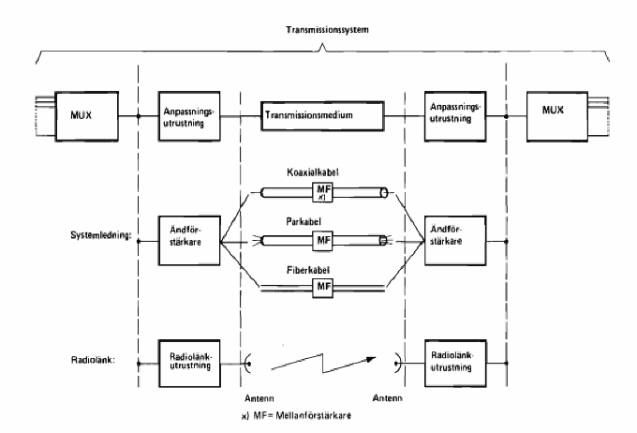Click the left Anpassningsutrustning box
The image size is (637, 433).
182,117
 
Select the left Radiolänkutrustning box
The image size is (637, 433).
182,362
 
